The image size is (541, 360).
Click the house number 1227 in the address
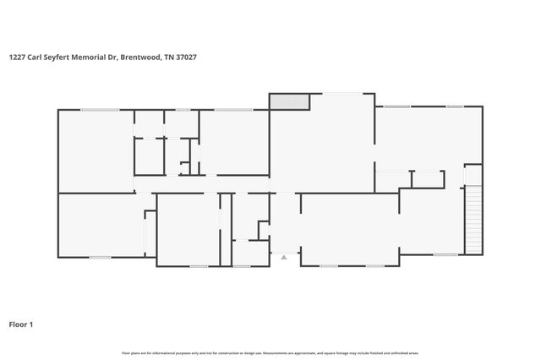point(17,57)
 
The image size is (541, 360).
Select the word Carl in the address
point(39,57)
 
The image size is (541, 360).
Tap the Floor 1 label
point(21,325)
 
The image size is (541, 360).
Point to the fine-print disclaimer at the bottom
point(270,352)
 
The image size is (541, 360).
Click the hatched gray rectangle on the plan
point(289,101)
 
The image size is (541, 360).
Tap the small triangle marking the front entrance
point(284,256)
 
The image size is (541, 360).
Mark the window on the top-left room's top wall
point(99,109)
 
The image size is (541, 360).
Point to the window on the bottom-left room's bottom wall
point(100,257)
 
